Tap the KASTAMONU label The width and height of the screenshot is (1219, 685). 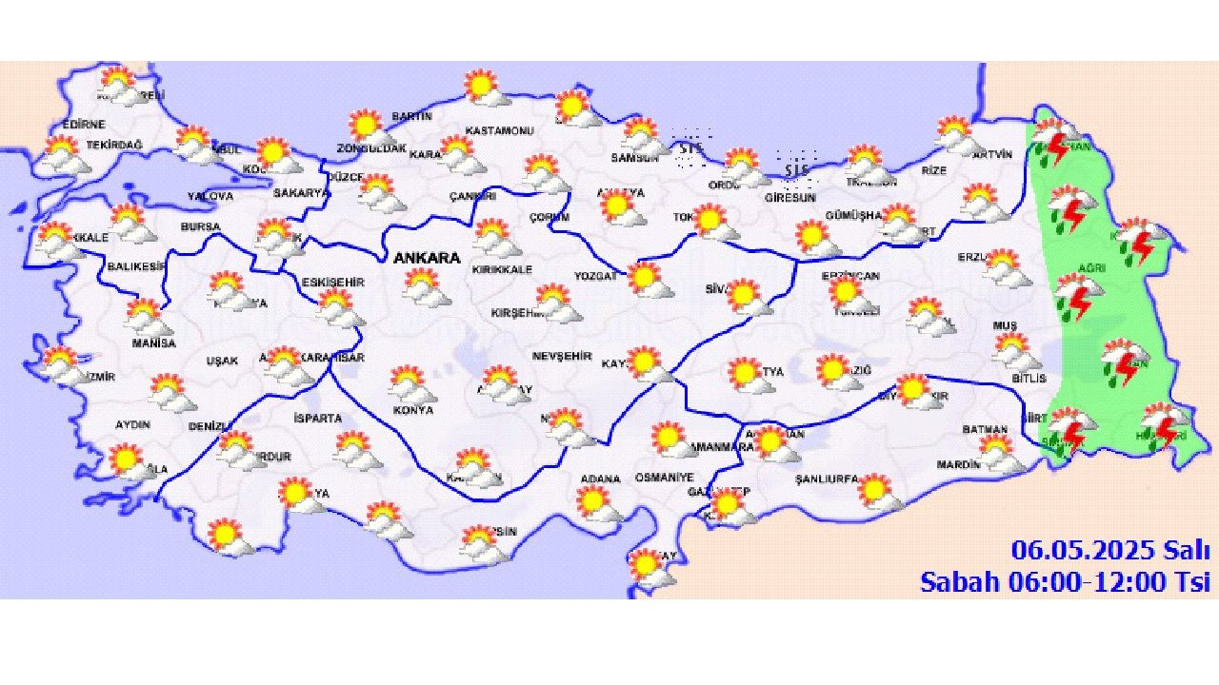click(x=499, y=130)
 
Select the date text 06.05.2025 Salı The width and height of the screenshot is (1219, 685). click(x=1110, y=550)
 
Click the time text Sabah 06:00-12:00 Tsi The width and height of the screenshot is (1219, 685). click(x=1065, y=581)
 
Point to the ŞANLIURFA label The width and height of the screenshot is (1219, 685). click(x=827, y=479)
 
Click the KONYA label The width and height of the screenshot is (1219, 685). click(x=412, y=410)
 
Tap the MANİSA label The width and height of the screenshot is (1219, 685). click(x=153, y=342)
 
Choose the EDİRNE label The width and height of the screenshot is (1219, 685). click(x=83, y=125)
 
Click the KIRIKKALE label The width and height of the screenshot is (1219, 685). click(x=502, y=269)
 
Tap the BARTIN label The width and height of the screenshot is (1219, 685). click(x=411, y=116)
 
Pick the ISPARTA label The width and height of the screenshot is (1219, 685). click(x=318, y=418)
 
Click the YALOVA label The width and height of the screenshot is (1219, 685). click(x=210, y=196)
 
